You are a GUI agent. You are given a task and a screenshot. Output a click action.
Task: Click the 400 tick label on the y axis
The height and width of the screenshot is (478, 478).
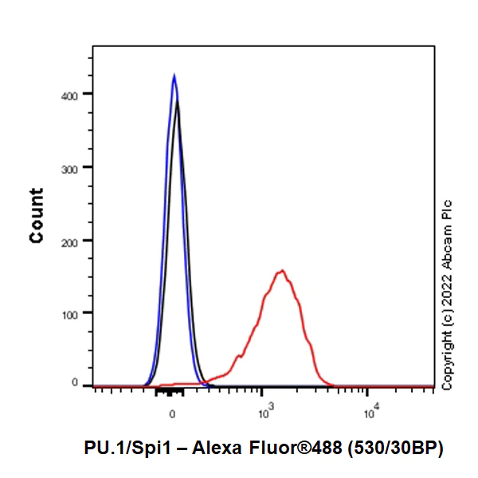click(78, 94)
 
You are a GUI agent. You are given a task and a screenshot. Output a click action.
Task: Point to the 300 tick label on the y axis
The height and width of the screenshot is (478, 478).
click(78, 167)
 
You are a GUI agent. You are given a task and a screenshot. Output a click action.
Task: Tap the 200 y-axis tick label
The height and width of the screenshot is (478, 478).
click(78, 240)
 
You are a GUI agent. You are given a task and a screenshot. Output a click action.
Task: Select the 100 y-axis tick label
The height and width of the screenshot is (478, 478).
click(78, 312)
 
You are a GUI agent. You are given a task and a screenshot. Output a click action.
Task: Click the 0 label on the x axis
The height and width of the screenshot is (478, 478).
click(172, 414)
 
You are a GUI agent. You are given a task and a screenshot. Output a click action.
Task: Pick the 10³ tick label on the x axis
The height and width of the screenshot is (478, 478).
click(266, 413)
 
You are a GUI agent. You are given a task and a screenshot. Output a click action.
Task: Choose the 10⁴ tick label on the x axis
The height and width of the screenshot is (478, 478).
click(370, 413)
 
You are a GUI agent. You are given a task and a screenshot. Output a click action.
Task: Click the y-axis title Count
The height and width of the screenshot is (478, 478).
click(37, 215)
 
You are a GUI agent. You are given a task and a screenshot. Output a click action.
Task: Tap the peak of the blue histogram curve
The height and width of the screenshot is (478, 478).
click(174, 76)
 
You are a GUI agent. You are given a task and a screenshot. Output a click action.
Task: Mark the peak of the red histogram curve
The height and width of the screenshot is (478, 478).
click(281, 271)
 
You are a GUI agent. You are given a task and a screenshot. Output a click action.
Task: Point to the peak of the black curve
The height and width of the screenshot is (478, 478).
click(178, 102)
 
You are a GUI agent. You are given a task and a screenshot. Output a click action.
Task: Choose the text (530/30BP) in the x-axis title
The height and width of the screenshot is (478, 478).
click(393, 449)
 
